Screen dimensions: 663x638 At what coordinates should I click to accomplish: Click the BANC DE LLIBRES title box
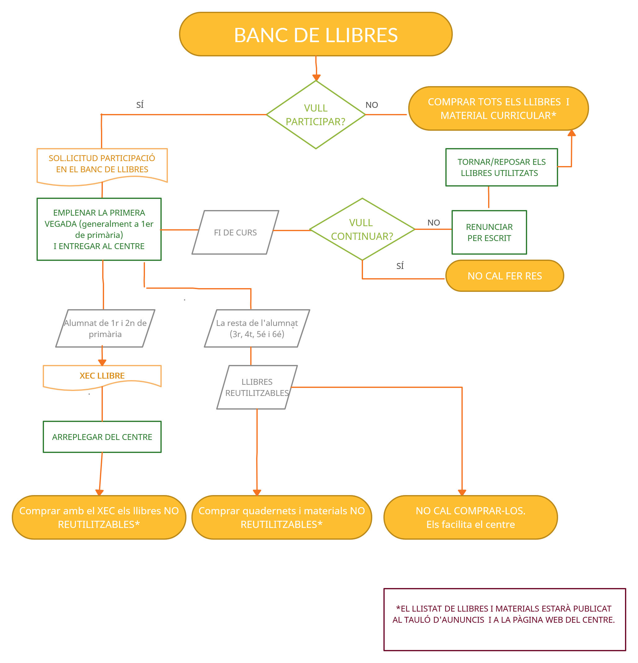coord(316,34)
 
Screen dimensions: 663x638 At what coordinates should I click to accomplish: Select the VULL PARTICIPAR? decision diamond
coord(316,115)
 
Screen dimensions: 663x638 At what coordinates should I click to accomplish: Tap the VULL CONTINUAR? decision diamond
coord(362,229)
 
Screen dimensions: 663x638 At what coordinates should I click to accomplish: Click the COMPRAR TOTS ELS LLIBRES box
coord(498,108)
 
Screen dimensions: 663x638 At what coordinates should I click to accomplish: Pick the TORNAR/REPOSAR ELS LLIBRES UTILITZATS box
coord(501,167)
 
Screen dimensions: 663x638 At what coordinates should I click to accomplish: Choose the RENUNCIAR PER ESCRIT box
coord(489,232)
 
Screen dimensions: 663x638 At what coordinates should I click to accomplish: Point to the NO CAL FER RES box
coord(504,276)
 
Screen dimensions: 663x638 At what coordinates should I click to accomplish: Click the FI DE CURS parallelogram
coord(235,232)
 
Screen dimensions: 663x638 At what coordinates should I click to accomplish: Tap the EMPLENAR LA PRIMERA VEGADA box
coord(99,229)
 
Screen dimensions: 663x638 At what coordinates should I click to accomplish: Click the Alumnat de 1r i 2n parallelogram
coord(105,328)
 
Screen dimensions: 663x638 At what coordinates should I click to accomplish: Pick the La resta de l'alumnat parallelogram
coord(257,328)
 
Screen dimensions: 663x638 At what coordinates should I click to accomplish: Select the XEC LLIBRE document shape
coord(102,376)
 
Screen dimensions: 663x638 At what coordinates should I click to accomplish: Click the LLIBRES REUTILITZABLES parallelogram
coord(257,387)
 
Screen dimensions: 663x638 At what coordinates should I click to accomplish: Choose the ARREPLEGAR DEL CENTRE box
coord(102,437)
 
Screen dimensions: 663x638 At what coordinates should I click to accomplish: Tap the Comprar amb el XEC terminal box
coord(99,517)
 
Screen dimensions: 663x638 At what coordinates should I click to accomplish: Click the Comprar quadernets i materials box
coord(281,517)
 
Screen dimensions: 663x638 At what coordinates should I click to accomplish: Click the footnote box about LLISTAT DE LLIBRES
coord(504,619)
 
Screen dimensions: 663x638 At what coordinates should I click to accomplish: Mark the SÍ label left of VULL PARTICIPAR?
coord(140,105)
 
